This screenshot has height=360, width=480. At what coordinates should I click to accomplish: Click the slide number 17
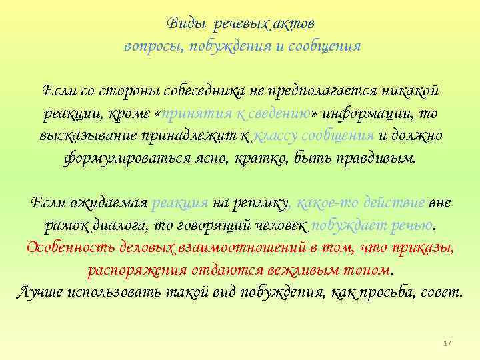447,343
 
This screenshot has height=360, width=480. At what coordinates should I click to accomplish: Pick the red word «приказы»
424,248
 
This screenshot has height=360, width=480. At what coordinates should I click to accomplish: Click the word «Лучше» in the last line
39,293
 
